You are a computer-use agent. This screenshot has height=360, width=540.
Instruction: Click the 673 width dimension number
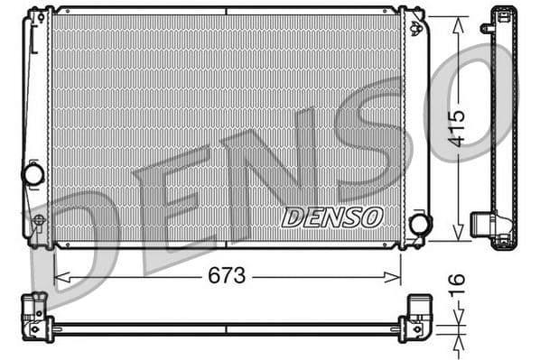coord(226,276)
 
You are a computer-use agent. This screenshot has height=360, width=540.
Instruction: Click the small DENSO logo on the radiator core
coord(332,217)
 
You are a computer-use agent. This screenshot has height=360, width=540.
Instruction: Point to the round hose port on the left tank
coord(34,174)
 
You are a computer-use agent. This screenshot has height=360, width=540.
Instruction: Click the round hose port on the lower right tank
coord(419,224)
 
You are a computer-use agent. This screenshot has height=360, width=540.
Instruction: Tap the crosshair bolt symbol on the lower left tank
coord(37,219)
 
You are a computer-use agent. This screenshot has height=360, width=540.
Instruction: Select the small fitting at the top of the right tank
coord(416,28)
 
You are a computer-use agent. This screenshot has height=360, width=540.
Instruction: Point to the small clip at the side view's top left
coord(488,26)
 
